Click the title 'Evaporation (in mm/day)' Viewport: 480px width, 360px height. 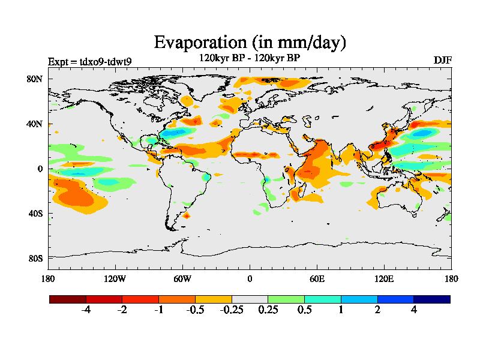pos(250,43)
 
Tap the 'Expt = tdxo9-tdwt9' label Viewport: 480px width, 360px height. pos(90,61)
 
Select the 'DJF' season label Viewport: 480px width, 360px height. pos(442,61)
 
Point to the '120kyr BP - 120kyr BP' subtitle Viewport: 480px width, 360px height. pos(249,58)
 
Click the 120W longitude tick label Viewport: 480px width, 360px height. pos(115,278)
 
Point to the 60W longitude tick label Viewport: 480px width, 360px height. pos(182,278)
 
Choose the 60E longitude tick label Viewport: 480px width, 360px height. pos(317,278)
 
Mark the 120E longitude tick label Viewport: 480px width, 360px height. pos(384,278)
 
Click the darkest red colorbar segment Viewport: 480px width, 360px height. pos(68,299)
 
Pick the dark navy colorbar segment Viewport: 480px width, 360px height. pos(431,299)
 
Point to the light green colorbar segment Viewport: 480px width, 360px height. pos(286,299)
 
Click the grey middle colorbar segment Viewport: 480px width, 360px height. pos(250,299)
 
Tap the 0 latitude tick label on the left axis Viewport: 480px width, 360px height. pos(40,169)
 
